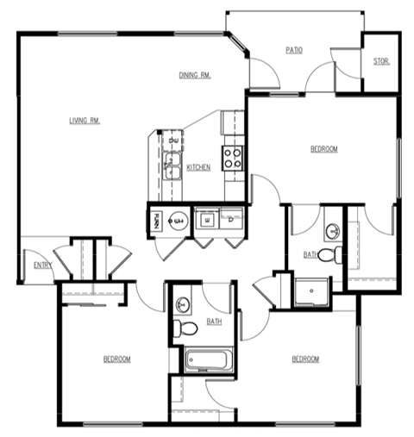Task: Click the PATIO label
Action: [294, 50]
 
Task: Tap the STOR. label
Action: [380, 61]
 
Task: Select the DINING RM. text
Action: [195, 75]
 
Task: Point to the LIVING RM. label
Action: [85, 121]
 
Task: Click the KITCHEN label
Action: [198, 167]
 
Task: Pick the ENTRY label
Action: [41, 265]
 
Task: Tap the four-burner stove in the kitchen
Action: [232, 156]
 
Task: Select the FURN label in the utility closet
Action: [156, 221]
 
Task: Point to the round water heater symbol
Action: [177, 222]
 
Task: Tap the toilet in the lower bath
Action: [182, 328]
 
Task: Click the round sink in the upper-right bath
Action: [332, 230]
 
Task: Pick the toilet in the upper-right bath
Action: [331, 254]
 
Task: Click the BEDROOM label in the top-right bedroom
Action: [323, 149]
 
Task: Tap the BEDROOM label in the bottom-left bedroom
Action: [116, 359]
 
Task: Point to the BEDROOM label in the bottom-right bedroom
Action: [304, 359]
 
